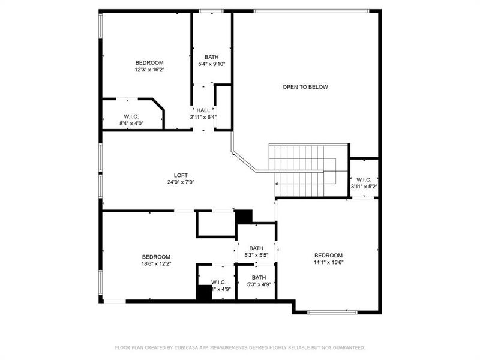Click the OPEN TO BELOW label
(x=305, y=87)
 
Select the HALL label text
(x=203, y=110)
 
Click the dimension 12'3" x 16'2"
(x=149, y=70)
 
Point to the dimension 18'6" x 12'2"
(x=155, y=263)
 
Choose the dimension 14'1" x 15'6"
(x=328, y=262)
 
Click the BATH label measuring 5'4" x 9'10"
(x=211, y=57)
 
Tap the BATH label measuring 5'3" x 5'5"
(x=256, y=248)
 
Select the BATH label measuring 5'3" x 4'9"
(x=259, y=277)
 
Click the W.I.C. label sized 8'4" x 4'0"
(x=132, y=116)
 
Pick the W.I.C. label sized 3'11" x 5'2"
(x=364, y=179)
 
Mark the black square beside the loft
(x=243, y=216)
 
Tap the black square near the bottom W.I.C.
(x=204, y=292)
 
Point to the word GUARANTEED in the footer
(x=347, y=347)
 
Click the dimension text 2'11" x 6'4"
(x=203, y=117)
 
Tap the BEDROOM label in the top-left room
(x=149, y=62)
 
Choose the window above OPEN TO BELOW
(x=310, y=11)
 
